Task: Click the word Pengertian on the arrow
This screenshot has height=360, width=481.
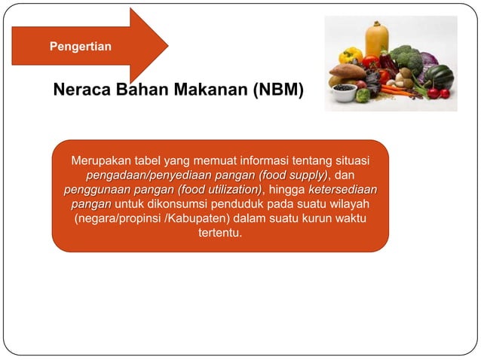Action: click(x=81, y=47)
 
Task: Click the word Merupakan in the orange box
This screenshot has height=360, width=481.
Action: click(x=100, y=161)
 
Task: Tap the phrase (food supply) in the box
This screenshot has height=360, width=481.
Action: click(x=290, y=175)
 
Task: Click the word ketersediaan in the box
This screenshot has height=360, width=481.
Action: click(x=342, y=190)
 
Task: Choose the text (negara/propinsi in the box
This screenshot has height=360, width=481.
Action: click(x=117, y=218)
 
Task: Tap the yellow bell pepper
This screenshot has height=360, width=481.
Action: click(x=351, y=56)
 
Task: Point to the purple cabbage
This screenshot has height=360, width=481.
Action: click(x=429, y=60)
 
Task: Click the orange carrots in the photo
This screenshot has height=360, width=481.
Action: click(x=394, y=90)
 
